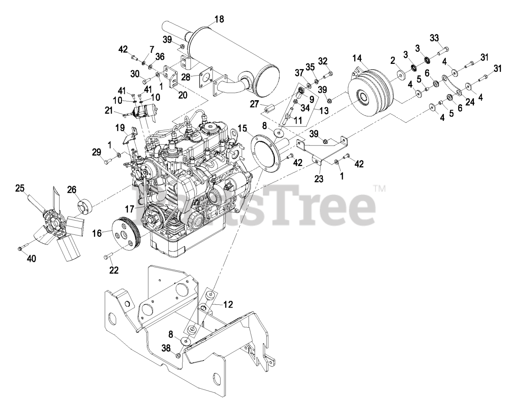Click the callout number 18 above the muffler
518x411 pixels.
(219, 19)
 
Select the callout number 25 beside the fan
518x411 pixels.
(20, 188)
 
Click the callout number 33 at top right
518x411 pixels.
(434, 38)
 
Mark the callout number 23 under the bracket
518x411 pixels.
(319, 178)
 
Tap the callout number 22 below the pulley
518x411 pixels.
(114, 270)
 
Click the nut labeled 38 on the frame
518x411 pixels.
(178, 355)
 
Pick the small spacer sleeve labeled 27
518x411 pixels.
(269, 109)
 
